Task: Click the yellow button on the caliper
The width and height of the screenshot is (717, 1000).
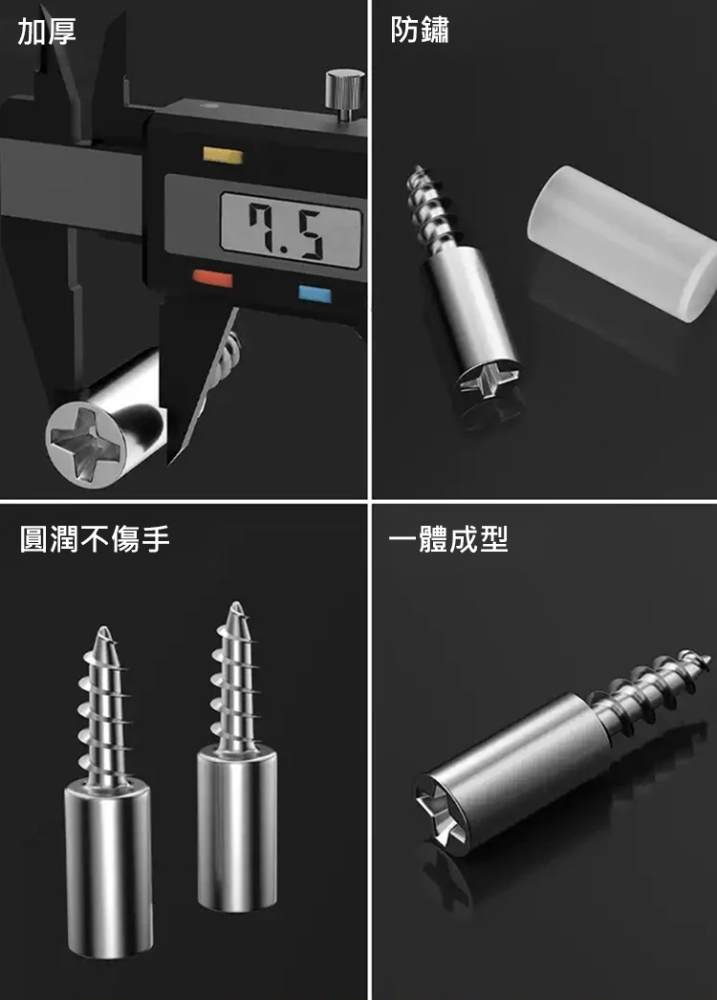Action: click(x=224, y=155)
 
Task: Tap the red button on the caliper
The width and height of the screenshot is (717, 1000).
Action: click(x=213, y=279)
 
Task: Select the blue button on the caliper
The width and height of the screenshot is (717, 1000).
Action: click(x=315, y=294)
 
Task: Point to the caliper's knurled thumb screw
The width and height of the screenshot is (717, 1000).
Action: click(x=345, y=93)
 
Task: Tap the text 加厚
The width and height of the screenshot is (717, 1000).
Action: click(x=47, y=31)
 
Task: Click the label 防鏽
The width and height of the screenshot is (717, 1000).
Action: click(x=420, y=30)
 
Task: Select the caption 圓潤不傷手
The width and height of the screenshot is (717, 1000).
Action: click(x=95, y=538)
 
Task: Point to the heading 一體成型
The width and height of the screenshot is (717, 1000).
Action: click(x=448, y=539)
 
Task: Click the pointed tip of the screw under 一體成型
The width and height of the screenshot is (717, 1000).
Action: click(x=705, y=656)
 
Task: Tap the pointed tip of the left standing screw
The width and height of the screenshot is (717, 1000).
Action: click(x=102, y=633)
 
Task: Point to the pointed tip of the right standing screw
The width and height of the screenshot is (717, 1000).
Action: click(x=237, y=607)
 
